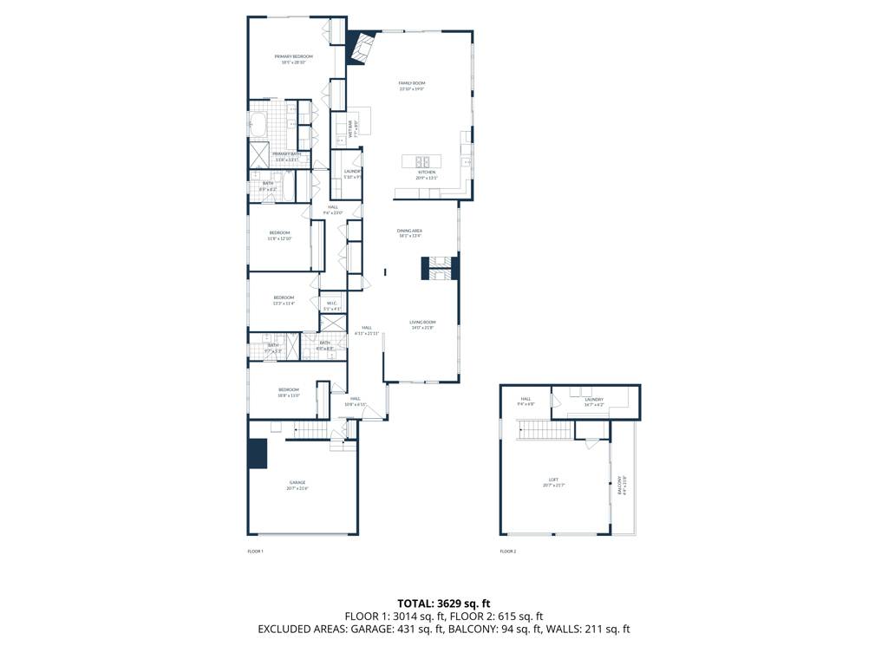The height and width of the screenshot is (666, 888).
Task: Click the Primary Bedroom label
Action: click(x=293, y=56)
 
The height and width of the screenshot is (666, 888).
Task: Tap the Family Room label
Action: click(x=412, y=83)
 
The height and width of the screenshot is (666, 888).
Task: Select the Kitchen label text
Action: click(x=427, y=173)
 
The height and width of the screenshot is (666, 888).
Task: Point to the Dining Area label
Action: click(x=409, y=231)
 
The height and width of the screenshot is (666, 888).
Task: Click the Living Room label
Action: click(x=422, y=322)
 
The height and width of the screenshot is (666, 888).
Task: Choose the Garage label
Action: click(x=297, y=482)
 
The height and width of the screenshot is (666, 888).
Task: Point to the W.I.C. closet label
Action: click(x=331, y=303)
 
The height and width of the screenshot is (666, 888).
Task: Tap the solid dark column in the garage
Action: click(x=258, y=454)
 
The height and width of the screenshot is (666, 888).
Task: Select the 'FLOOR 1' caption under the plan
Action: click(x=255, y=552)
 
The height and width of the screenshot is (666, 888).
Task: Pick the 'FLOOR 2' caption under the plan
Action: click(x=507, y=552)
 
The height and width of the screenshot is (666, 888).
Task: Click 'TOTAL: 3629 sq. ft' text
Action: click(x=444, y=603)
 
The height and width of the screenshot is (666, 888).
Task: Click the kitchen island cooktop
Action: click(x=422, y=160)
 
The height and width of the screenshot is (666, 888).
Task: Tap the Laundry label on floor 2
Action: click(x=593, y=399)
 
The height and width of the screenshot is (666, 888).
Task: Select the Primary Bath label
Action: click(x=286, y=154)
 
